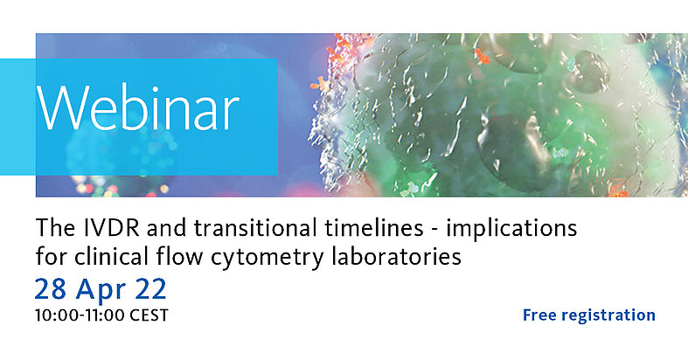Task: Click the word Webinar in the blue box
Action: pos(138,107)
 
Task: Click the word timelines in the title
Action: pos(374,228)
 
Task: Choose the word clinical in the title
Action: pos(111,257)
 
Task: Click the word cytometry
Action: pos(267,259)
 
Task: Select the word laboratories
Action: pos(396,257)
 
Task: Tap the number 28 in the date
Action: pos(51,289)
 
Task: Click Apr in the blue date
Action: pos(101,291)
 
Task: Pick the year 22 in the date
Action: pos(151,289)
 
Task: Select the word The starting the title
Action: pos(52,228)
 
